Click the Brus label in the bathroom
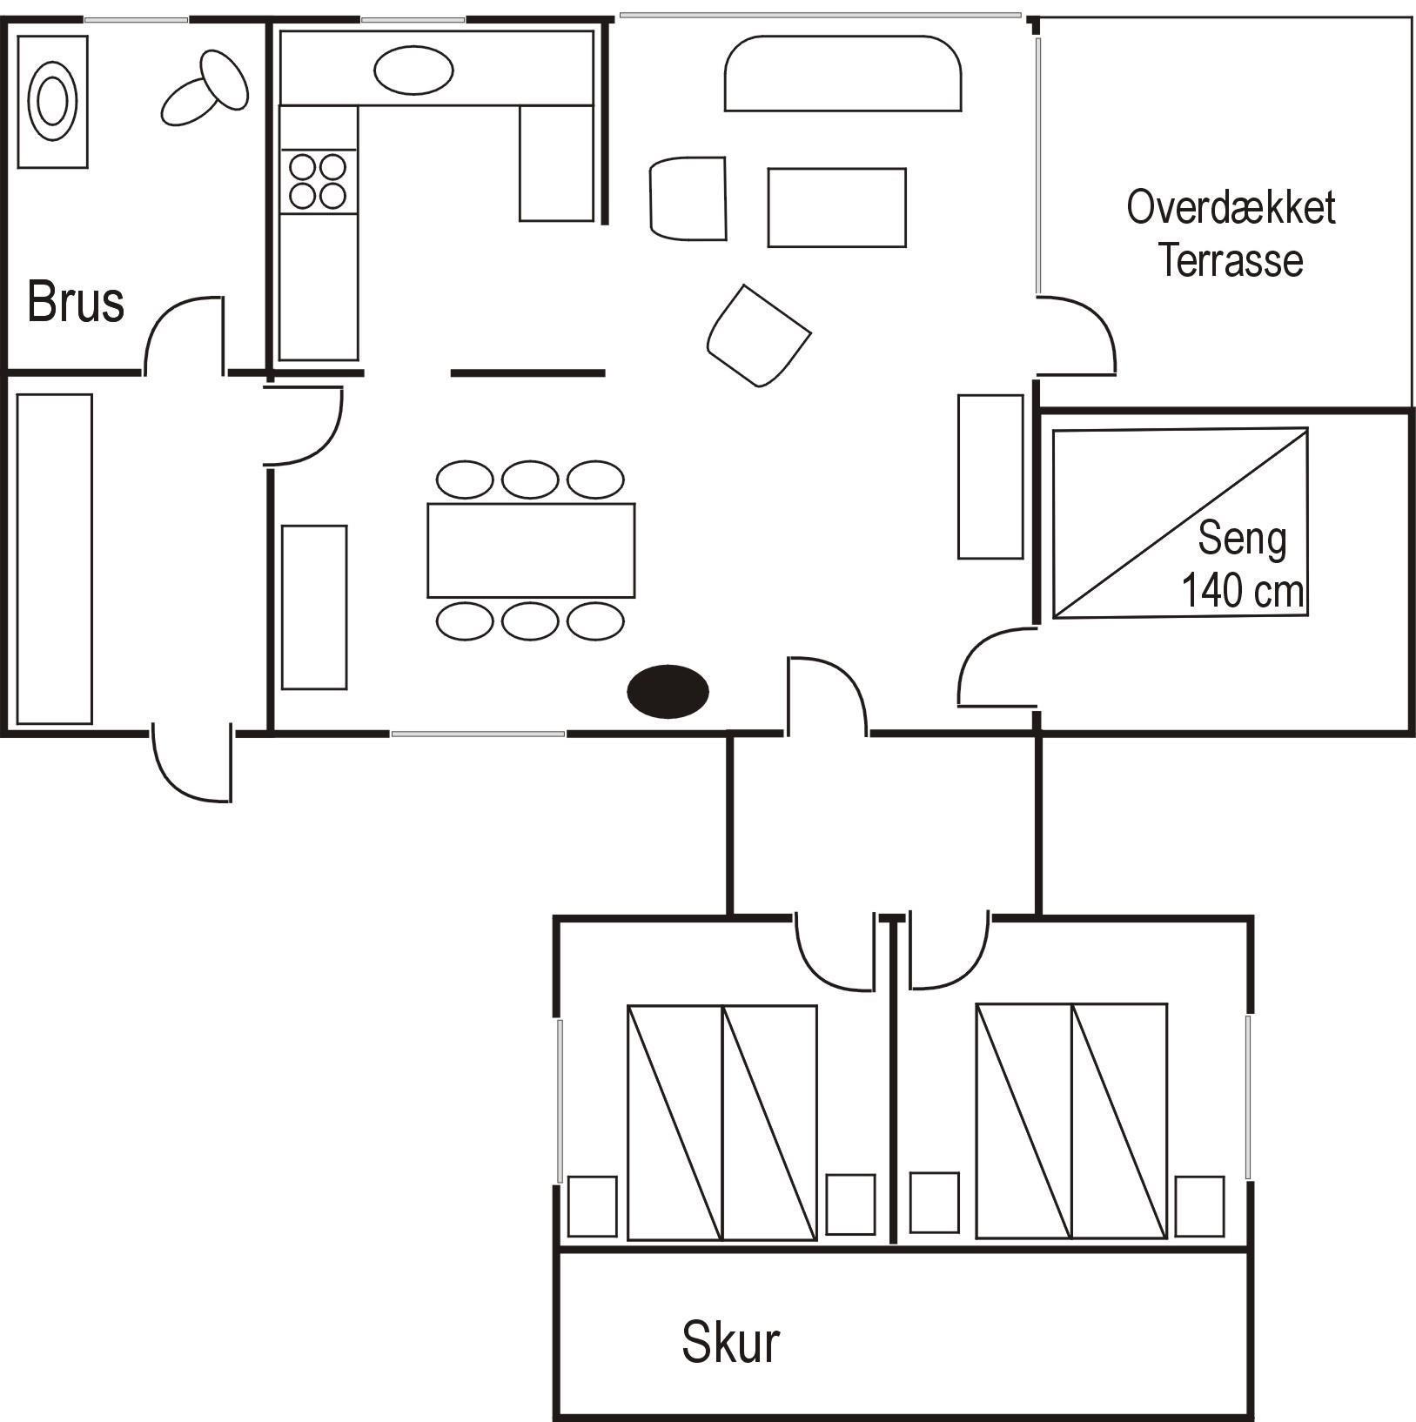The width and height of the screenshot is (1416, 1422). point(76,302)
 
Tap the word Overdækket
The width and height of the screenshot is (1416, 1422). point(1231,207)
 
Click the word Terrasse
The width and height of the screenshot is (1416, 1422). point(1231,260)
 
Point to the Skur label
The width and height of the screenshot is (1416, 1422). point(730,1341)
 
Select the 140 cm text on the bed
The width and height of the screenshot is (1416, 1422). point(1242,591)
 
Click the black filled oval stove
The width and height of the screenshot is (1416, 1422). point(668,691)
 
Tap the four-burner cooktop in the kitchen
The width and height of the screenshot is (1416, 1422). point(318,181)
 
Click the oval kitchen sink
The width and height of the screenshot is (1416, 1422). point(413,70)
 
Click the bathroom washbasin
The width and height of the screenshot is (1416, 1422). point(53,102)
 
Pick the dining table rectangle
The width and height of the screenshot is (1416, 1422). point(531,550)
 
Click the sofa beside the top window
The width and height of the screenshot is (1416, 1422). point(842,73)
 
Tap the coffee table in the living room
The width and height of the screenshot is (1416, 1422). point(836,207)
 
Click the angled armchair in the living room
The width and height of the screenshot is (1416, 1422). point(759,336)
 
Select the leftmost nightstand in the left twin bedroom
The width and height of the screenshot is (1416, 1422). point(593,1206)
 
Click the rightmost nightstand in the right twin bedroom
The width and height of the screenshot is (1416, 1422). point(1199,1206)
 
